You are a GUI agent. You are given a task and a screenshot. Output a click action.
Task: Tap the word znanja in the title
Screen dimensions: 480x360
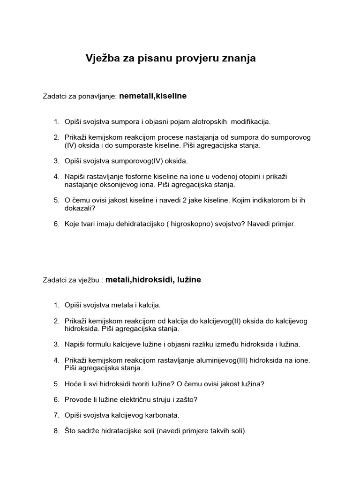237,58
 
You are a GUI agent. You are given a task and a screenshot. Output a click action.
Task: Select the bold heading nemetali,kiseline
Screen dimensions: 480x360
153,96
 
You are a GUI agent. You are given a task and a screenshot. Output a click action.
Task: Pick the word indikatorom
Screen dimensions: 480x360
267,200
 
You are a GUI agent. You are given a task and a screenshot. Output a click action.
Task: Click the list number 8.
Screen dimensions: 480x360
56,431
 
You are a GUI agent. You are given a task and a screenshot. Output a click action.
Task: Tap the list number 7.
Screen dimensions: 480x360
56,415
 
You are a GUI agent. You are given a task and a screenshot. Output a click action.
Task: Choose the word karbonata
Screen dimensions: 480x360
163,415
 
